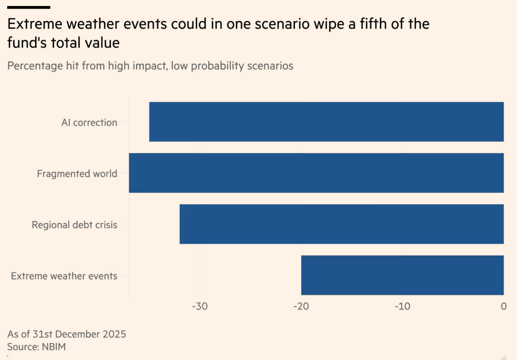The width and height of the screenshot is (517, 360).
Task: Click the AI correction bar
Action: (326, 122)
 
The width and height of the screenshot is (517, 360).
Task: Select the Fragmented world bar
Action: (316, 173)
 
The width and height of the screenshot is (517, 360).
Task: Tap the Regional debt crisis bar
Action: (341, 224)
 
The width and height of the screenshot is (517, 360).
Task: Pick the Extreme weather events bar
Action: (402, 275)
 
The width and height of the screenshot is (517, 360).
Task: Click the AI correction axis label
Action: (89, 123)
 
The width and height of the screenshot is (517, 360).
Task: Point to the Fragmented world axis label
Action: (77, 174)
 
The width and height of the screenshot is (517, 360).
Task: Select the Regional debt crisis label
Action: (75, 225)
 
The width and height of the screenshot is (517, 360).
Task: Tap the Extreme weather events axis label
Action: (64, 276)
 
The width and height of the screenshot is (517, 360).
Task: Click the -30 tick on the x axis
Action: (199, 306)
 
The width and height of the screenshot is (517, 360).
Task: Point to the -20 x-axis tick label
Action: (301, 306)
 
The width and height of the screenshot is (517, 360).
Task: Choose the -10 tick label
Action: (402, 306)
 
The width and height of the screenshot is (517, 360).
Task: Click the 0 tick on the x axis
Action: (503, 306)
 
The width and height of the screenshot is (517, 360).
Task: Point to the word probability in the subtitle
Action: (214, 66)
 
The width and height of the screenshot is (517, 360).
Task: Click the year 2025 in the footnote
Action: (114, 334)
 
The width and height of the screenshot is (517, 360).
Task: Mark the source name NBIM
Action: (53, 347)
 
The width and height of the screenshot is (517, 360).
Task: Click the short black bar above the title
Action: (29, 7)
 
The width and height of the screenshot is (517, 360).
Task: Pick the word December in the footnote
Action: (78, 334)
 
